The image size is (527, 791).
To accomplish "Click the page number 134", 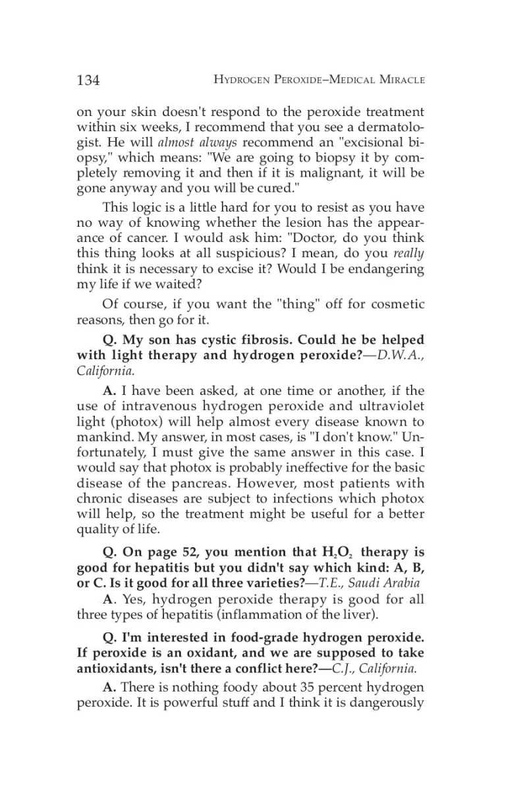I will click(88, 80).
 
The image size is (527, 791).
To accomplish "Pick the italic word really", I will click(409, 252).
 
